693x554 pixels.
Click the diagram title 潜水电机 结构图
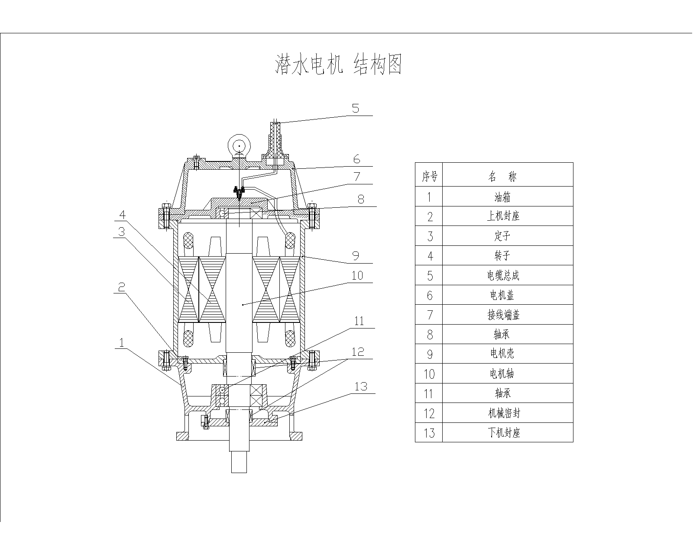coord(339,65)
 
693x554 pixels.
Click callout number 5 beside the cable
coord(356,108)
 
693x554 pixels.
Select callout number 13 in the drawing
coord(361,386)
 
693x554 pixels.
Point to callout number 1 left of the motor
coord(122,343)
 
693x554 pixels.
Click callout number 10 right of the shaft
coord(357,276)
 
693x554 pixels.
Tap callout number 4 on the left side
coord(123,215)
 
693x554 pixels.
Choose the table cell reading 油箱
coord(502,197)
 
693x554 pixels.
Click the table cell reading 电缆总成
coord(502,276)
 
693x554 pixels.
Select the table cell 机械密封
coord(502,413)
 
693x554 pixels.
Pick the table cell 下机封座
coord(502,433)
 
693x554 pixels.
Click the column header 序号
coord(429,176)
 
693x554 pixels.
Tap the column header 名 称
coord(502,176)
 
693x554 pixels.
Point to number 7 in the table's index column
coord(429,315)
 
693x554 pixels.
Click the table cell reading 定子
coord(502,236)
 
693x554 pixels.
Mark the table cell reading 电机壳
coord(502,354)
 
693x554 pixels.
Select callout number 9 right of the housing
coord(356,256)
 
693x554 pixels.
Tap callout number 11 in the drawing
coord(359,321)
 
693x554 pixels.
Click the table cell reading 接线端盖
coord(502,315)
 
